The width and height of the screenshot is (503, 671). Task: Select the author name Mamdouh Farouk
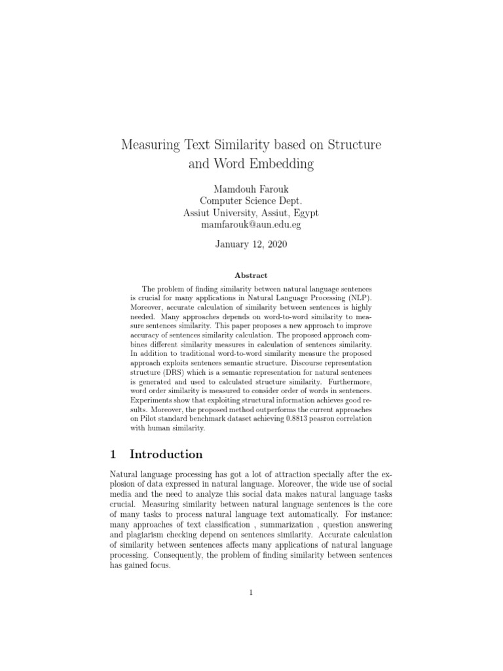(251, 189)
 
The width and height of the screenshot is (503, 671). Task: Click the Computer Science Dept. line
(251, 201)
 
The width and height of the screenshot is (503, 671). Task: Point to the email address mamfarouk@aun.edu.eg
(251, 225)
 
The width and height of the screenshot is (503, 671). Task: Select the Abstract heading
(251, 276)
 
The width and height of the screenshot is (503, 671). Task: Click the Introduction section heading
(166, 454)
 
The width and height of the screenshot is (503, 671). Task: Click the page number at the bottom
(251, 592)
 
